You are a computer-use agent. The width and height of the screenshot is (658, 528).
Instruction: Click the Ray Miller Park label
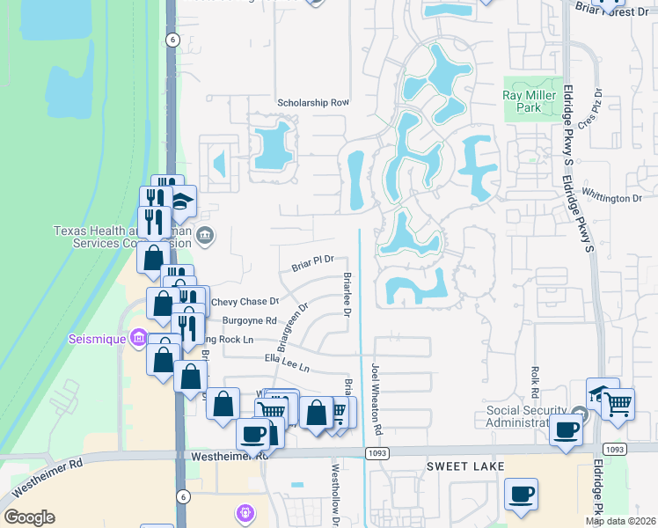pos(532,101)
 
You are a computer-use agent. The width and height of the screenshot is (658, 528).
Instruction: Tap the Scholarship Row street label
pos(313,102)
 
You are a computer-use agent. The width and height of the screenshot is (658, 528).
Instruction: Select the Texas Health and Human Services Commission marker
pos(205,234)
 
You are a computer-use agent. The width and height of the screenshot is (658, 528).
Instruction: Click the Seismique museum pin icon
pos(138,337)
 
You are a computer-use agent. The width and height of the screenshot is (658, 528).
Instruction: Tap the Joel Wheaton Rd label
pos(377,400)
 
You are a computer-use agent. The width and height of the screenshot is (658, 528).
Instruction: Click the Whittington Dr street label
pos(612,199)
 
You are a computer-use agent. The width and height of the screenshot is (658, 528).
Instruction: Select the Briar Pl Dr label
pos(314,260)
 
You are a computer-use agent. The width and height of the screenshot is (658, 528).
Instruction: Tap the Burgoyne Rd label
pos(250,321)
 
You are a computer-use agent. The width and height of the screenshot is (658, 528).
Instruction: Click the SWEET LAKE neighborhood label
pos(465,466)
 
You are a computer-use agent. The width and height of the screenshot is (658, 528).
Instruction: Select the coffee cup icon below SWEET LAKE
pos(521,494)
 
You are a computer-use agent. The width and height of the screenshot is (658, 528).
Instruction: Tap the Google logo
pos(29,517)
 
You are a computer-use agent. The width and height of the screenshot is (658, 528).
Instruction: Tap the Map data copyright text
pos(620,521)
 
